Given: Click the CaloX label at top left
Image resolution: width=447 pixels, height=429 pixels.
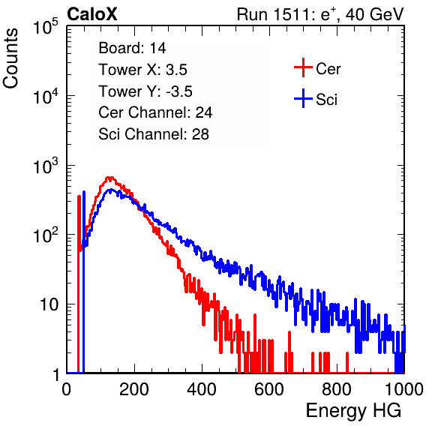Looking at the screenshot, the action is (92, 14).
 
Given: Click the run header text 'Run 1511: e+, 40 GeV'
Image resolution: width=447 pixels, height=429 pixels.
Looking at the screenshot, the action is (320, 14).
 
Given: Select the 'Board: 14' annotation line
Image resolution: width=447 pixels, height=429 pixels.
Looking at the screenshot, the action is (132, 48).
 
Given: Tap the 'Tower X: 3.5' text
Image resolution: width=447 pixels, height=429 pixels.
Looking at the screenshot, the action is (142, 70).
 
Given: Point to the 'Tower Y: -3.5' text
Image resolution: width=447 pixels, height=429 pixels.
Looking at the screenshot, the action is (145, 91).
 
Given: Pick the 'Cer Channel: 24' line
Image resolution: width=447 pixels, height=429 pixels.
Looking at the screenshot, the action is (155, 112).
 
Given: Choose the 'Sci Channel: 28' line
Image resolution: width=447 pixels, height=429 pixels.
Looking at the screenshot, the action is (154, 134).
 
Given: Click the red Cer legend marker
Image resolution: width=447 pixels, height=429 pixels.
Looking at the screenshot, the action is (303, 67).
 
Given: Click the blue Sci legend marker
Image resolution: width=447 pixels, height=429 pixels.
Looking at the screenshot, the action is (303, 98).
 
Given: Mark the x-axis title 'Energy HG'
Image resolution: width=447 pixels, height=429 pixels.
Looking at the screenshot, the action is (353, 411).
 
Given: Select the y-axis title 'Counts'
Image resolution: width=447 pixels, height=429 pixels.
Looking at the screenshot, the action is (10, 58).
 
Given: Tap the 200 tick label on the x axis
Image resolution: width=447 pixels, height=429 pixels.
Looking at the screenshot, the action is (134, 389).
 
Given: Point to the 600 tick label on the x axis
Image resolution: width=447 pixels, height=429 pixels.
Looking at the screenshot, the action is (269, 389).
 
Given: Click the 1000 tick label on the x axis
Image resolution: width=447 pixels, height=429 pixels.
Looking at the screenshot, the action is (404, 389).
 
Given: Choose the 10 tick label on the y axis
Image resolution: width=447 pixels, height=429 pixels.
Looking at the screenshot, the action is (49, 304).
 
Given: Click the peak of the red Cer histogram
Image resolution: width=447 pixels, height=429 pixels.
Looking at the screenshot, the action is (109, 178).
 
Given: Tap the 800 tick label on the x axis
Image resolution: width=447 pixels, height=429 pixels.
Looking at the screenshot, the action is (337, 389).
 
